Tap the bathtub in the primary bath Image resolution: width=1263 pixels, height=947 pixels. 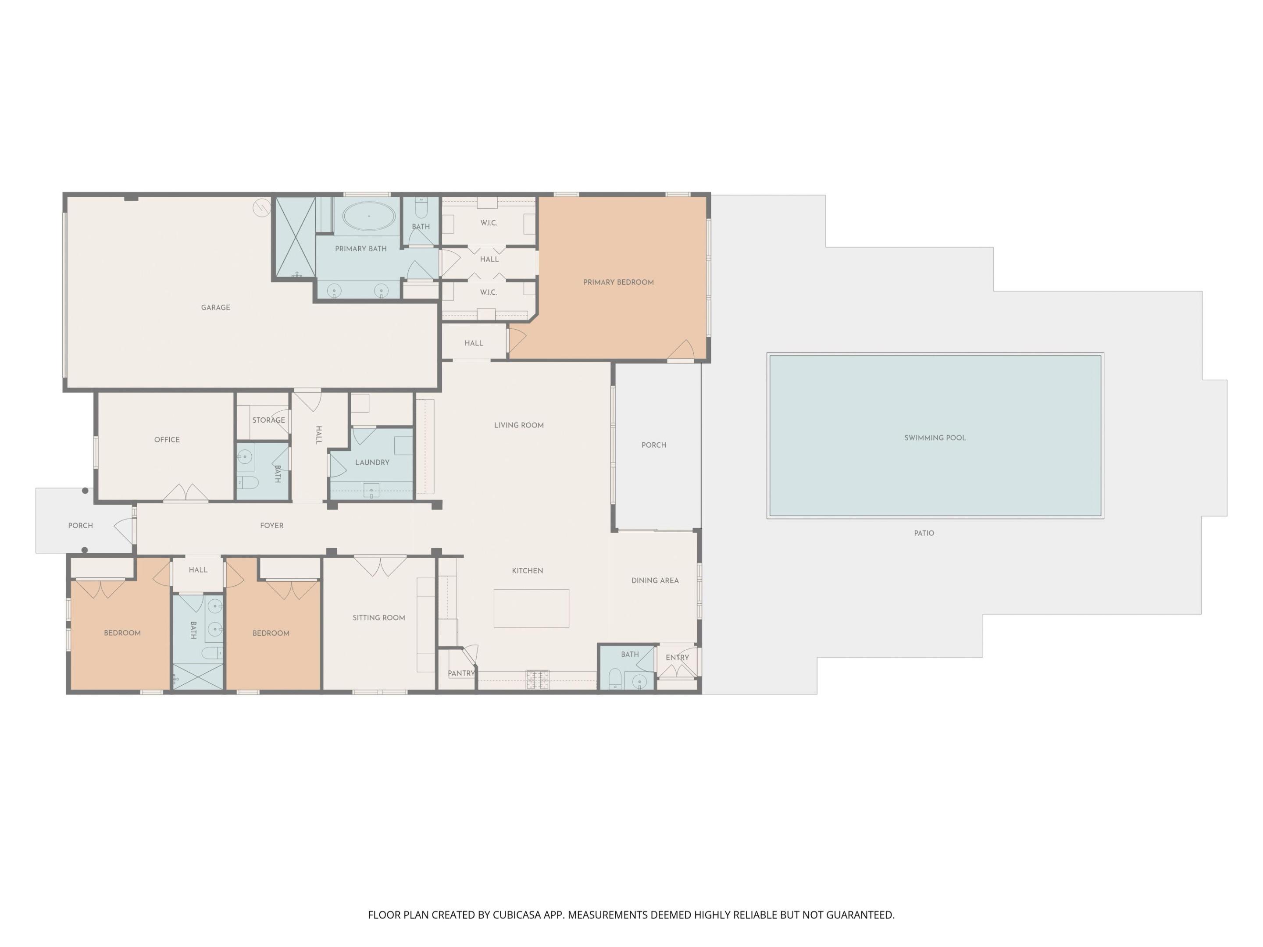click(x=368, y=216)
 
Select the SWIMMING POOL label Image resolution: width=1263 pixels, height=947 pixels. click(x=935, y=438)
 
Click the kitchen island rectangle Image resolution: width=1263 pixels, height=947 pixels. click(x=531, y=609)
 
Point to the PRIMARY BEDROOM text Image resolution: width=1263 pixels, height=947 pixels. click(x=618, y=282)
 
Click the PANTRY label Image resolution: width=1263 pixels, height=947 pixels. click(x=461, y=673)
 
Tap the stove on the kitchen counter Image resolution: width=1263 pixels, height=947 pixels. click(x=537, y=679)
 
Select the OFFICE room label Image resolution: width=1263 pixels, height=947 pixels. click(x=167, y=440)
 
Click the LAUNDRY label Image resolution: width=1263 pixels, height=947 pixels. click(x=372, y=463)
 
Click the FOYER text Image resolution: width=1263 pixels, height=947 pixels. click(x=272, y=526)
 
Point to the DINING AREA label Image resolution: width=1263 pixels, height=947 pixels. click(x=655, y=581)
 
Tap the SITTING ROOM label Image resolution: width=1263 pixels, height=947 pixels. click(x=378, y=618)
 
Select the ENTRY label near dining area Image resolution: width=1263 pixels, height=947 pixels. click(x=677, y=658)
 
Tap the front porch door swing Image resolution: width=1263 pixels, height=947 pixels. click(x=125, y=530)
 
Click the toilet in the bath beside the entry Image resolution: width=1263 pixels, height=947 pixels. click(x=615, y=679)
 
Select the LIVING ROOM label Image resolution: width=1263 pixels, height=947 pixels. click(x=518, y=426)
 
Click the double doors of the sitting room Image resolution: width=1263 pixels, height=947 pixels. click(x=380, y=565)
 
